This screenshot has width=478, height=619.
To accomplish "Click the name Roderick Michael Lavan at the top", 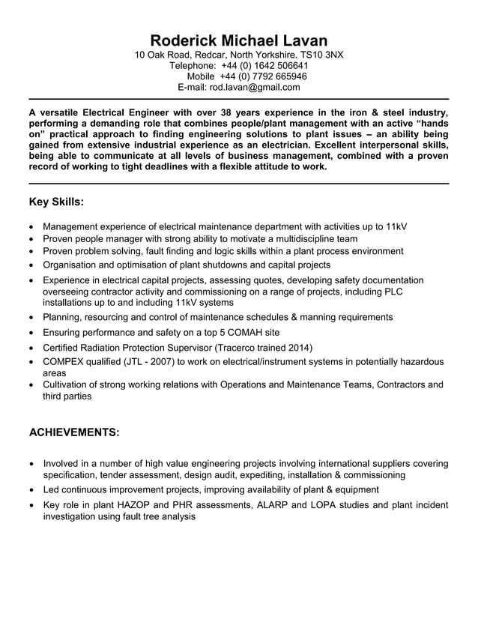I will tap(238, 40).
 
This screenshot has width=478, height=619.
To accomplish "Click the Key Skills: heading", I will tap(56, 202).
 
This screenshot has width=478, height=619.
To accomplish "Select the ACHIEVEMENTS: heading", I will tap(73, 433).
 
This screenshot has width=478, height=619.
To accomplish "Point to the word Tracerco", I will tap(240, 348).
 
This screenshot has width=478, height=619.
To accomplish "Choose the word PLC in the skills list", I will tap(414, 292).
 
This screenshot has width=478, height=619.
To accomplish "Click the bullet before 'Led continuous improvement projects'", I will tap(31, 491).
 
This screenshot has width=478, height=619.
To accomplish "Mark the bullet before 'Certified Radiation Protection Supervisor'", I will tap(31, 348).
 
